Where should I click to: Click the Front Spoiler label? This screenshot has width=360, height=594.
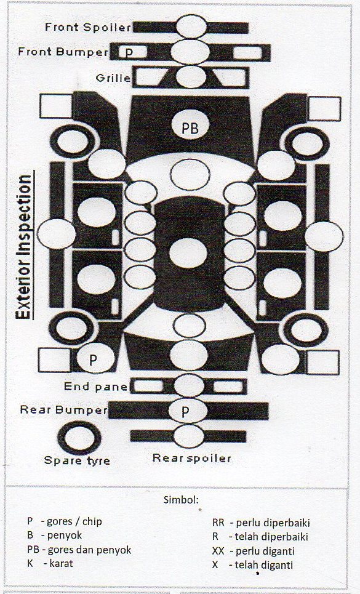88,27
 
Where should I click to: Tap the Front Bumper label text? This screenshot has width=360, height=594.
63,52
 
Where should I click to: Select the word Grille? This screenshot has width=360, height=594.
113,78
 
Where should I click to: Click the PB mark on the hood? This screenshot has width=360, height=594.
190,128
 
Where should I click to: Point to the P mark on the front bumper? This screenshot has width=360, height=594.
129,52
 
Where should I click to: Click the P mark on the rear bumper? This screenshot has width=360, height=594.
185,411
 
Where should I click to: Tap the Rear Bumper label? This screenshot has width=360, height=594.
63,410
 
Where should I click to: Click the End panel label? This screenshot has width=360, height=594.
96,387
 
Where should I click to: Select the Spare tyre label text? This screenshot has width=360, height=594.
77,460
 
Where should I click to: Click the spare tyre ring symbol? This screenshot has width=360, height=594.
61,438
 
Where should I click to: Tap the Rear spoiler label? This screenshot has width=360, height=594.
191,458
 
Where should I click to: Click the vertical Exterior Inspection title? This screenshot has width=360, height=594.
24,247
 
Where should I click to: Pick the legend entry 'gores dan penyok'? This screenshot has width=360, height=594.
89,550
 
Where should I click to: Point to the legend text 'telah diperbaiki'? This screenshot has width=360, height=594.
271,537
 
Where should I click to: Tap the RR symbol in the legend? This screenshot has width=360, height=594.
218,523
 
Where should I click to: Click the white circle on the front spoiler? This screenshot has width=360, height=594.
191,27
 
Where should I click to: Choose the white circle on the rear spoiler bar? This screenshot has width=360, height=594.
189,436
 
